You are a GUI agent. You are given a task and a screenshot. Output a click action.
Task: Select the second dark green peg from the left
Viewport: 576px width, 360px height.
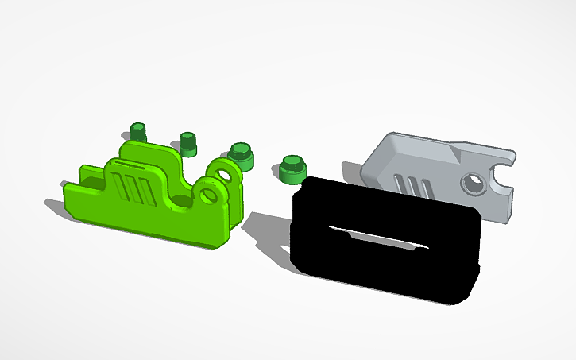tap(188, 144)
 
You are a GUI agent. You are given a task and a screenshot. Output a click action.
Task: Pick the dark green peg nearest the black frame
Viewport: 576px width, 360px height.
tap(293, 168)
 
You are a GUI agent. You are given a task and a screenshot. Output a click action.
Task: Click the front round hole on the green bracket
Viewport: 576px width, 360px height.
tap(211, 194)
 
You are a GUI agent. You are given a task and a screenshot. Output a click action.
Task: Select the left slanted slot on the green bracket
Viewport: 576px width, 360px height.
tap(120, 190)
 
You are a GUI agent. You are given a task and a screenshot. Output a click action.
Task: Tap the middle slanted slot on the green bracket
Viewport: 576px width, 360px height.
tap(132, 192)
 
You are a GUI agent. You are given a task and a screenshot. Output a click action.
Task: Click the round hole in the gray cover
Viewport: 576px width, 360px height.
tap(475, 184)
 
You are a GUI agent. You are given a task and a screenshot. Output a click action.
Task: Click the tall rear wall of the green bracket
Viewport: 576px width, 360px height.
tap(151, 153)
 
